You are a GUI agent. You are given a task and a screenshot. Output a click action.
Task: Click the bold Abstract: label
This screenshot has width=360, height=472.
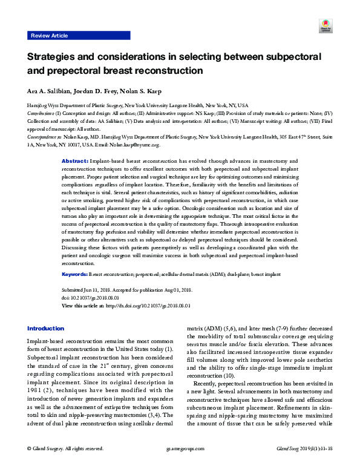pyautogui.click(x=75, y=162)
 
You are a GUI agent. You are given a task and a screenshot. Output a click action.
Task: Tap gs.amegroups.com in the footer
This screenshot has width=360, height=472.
pyautogui.click(x=180, y=465)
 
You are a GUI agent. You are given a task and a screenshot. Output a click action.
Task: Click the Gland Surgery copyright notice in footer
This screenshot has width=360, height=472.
pyautogui.click(x=65, y=465)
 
